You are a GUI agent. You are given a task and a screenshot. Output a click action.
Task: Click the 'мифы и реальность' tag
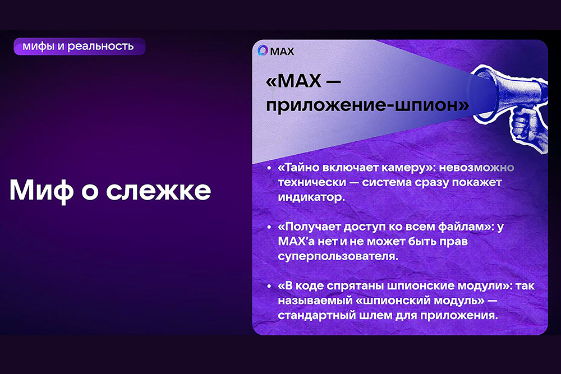click(80, 47)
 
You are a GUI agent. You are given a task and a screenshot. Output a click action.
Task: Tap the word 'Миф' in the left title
click(41, 190)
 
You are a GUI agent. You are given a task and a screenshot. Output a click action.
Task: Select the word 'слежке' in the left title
click(159, 190)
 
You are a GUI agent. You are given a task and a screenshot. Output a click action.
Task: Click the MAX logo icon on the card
click(263, 50)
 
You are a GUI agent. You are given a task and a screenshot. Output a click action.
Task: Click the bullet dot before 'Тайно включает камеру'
click(269, 168)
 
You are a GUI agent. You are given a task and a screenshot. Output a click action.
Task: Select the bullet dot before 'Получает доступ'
click(269, 227)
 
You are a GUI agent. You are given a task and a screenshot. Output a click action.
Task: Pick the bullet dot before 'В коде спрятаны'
click(269, 286)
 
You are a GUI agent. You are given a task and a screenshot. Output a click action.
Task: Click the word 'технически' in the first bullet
click(312, 182)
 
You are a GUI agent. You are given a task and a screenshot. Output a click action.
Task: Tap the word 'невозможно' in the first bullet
click(476, 167)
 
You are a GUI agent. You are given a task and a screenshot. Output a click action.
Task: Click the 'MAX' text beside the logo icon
click(282, 52)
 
